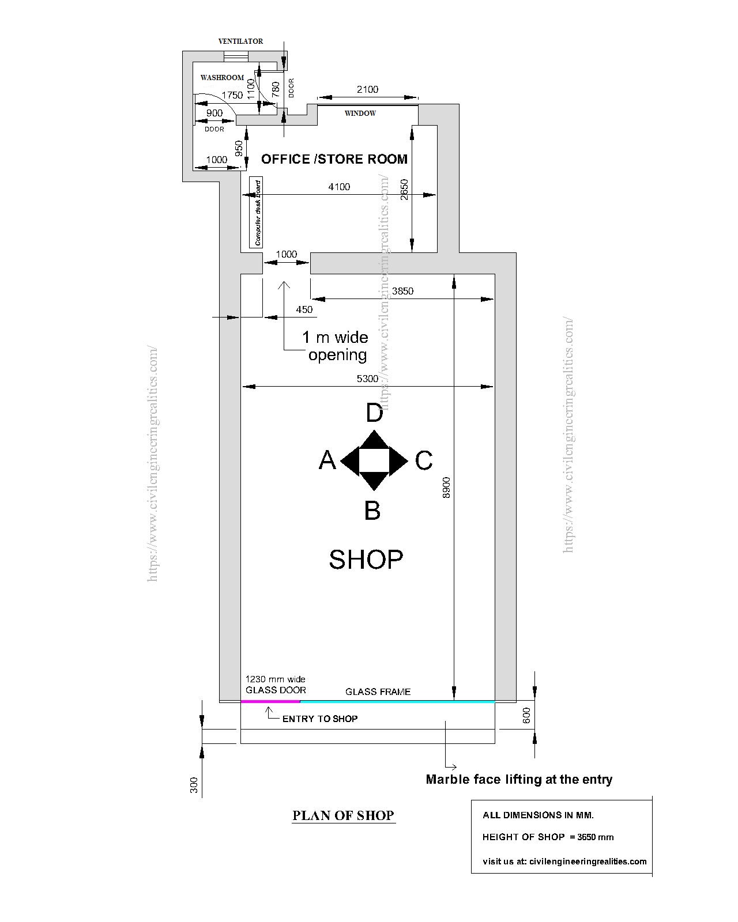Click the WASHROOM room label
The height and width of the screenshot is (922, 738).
(x=222, y=77)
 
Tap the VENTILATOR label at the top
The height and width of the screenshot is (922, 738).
(x=240, y=41)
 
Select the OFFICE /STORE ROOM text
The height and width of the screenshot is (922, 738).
(x=334, y=159)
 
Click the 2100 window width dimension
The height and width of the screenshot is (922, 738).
(x=367, y=89)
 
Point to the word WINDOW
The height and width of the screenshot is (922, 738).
(x=360, y=114)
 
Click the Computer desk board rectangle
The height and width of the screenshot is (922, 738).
(x=256, y=213)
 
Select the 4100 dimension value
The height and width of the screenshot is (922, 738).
(x=339, y=187)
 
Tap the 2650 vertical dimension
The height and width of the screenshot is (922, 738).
(x=404, y=190)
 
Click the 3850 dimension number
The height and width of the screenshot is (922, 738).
(x=402, y=292)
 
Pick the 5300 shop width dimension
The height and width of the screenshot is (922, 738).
(x=368, y=379)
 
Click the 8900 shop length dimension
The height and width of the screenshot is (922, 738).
(x=446, y=488)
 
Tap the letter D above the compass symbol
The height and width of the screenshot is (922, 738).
(x=375, y=413)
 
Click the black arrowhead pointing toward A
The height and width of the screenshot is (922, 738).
(x=349, y=461)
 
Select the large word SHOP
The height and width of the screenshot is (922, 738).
(x=366, y=559)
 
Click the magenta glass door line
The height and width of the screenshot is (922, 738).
(x=270, y=701)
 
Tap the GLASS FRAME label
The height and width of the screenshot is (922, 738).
(x=378, y=691)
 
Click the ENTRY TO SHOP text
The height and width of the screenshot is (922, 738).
(x=320, y=719)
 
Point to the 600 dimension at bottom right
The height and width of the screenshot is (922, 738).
(x=526, y=715)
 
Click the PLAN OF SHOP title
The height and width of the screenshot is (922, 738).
(x=343, y=815)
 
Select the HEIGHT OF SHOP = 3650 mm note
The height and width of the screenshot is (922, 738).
(x=548, y=837)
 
